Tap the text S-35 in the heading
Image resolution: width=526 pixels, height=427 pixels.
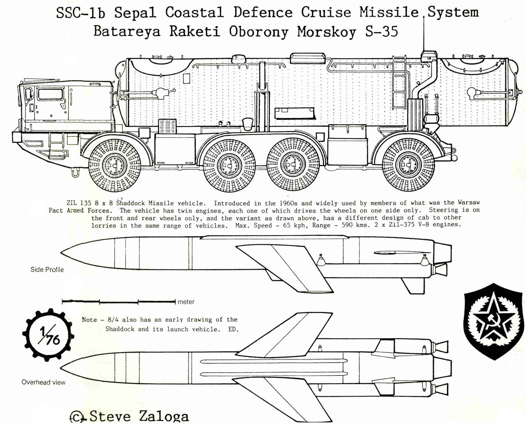click(382, 31)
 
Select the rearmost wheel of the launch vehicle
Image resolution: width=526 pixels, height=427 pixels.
click(409, 164)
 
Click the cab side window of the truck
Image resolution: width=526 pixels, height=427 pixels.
click(50, 94)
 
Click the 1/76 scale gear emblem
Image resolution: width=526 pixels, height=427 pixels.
click(48, 335)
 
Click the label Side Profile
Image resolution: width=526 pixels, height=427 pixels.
click(47, 269)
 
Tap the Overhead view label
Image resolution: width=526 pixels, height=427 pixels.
click(43, 382)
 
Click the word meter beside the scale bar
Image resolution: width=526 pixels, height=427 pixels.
click(186, 302)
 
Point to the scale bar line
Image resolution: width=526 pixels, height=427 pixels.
click(119, 301)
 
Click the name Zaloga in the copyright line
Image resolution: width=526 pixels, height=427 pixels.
click(164, 416)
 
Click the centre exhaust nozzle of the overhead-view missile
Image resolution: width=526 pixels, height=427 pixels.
click(443, 367)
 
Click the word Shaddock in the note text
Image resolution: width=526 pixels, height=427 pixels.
click(120, 329)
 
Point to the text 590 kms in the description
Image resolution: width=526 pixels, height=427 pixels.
click(350, 225)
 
